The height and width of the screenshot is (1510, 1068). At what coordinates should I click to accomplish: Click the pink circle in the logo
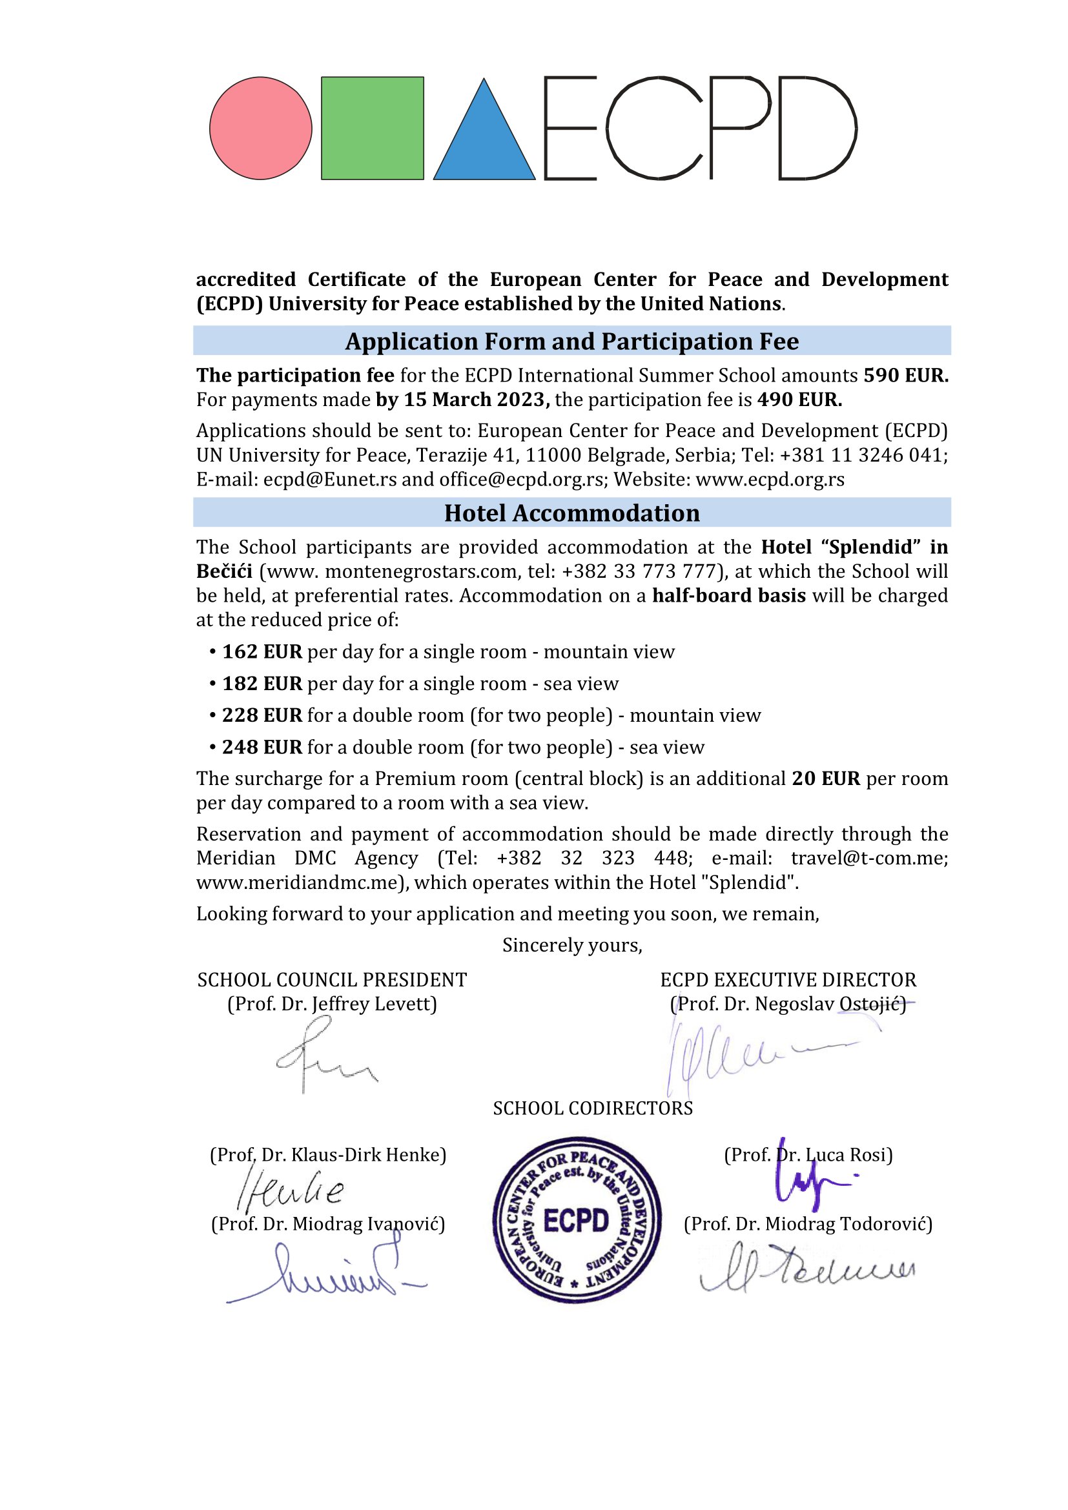point(260,128)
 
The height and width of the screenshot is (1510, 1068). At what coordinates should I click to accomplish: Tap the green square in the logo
point(372,128)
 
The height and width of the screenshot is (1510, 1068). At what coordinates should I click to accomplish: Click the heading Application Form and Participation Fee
point(571,342)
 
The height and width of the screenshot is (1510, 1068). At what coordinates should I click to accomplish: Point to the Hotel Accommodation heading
point(571,513)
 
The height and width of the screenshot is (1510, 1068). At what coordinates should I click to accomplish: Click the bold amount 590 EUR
point(905,376)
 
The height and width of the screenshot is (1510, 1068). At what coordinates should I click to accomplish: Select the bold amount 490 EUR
point(799,400)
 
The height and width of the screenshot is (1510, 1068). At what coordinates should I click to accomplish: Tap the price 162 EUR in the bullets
point(262,652)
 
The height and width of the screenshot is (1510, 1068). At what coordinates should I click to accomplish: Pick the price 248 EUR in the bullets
point(262,747)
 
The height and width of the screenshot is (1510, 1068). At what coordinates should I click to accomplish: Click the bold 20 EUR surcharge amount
point(825,779)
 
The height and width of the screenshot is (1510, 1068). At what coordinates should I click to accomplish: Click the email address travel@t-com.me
point(868,858)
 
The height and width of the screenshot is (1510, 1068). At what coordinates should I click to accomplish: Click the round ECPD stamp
point(577,1221)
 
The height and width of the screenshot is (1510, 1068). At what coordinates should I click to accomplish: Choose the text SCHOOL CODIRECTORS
point(593,1108)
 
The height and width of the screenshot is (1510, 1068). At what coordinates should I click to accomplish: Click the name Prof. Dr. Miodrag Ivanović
point(327,1224)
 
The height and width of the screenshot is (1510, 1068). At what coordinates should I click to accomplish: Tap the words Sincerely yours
point(571,945)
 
